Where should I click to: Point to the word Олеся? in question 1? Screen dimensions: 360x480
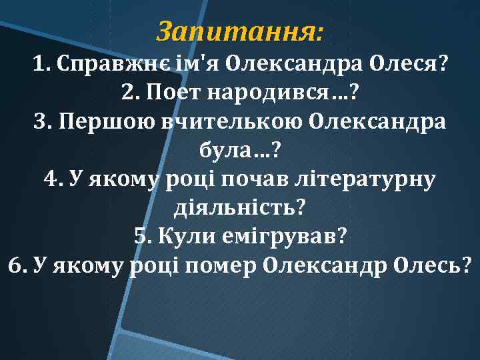point(411,65)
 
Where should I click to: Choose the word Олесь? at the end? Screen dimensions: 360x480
point(433,266)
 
